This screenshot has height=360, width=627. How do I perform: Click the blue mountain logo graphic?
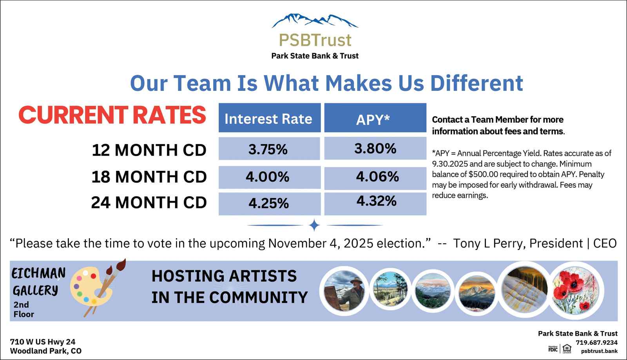coord(315,21)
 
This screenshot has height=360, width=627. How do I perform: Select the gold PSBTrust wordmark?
coord(315,40)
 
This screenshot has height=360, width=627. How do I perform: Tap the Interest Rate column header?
coord(270,118)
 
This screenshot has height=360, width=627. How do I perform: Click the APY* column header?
coord(375,118)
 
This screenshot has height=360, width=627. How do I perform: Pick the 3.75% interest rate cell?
coord(269,148)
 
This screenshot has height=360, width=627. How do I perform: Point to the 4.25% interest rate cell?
coord(270,204)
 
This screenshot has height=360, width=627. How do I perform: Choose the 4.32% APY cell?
coord(375,204)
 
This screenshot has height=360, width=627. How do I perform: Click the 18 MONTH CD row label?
coord(149,177)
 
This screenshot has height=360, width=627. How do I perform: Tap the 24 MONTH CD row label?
coord(149,202)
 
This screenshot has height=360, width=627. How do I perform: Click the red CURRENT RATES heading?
coord(112,115)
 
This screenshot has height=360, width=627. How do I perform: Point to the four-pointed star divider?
coord(314,225)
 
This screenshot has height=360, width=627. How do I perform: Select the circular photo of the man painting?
coord(344,291)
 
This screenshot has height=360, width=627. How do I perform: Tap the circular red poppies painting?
coord(576,290)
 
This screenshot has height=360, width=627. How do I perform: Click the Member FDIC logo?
coord(553,349)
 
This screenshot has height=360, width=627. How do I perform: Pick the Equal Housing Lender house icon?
coord(567,349)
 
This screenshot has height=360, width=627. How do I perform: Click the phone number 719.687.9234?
coord(596,342)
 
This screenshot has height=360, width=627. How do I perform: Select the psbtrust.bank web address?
coord(599,351)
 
